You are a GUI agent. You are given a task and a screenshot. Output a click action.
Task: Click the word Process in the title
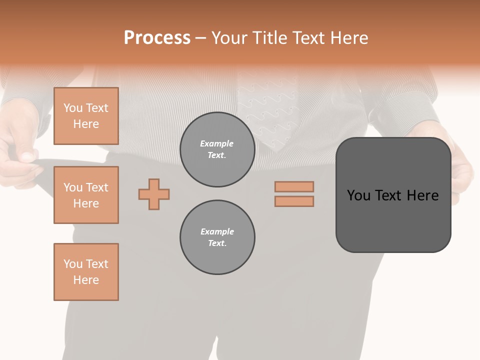157,38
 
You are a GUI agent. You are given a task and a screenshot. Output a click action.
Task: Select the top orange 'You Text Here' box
86,116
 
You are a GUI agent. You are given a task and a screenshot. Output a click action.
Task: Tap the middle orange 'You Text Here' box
86,195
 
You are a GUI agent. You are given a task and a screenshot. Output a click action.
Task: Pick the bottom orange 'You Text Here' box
86,272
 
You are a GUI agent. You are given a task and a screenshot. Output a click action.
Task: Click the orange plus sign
154,194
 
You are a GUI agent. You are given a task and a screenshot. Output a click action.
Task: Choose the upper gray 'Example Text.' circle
217,149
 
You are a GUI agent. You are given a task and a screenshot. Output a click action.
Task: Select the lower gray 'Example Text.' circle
217,237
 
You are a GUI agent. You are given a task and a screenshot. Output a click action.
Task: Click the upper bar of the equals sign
294,186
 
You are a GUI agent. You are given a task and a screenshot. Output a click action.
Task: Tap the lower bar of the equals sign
294,201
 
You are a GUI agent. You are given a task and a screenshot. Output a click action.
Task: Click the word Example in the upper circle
217,143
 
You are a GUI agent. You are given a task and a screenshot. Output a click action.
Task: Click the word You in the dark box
358,195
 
